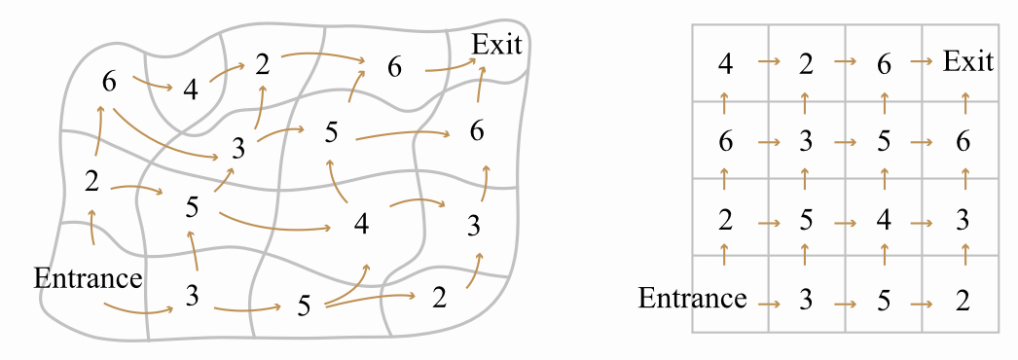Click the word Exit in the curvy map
[x=496, y=45]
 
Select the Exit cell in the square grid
[x=968, y=62]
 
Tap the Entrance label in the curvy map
[x=88, y=278]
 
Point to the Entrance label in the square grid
[x=693, y=299]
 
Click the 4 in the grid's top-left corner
[x=726, y=64]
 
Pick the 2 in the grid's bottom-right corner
[x=963, y=301]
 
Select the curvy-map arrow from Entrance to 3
[x=138, y=309]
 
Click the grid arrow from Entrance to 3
[x=769, y=303]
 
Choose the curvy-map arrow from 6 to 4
[x=153, y=83]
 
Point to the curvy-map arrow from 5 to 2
[x=370, y=299]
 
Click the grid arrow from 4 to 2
[x=769, y=61]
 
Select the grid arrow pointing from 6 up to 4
[x=725, y=102]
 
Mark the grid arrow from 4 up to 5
[x=884, y=179]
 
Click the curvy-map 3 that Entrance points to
[x=192, y=296]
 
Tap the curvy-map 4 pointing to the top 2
[x=190, y=90]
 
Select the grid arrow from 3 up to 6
[x=965, y=179]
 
